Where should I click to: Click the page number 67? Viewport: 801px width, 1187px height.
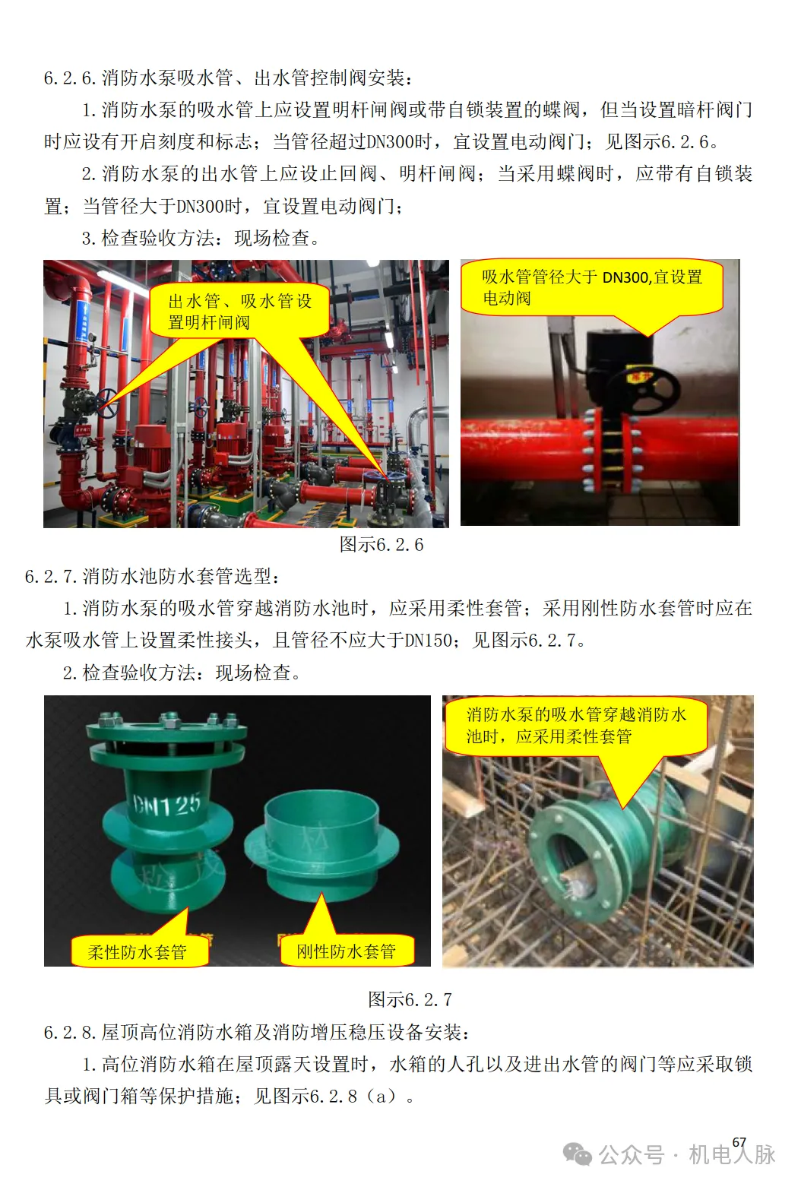coord(739,1142)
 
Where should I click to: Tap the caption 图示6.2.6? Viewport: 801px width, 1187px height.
coord(382,544)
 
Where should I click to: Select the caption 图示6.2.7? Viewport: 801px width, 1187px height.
coord(410,999)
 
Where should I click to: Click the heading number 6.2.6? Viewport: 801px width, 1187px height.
coord(70,78)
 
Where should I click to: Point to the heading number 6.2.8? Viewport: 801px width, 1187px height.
coord(70,1032)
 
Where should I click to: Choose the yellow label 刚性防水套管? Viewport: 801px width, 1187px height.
coord(347,951)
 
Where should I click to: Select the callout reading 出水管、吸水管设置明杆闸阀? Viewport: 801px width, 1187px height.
coord(240,312)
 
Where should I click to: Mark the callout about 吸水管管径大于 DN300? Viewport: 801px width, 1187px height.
coord(591,287)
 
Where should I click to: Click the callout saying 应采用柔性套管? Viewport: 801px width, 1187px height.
coord(576,726)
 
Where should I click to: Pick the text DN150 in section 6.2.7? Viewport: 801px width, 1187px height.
coord(429,640)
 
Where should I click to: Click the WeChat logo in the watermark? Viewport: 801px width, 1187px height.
coord(578,1154)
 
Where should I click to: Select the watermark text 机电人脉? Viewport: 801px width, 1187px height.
coord(732,1154)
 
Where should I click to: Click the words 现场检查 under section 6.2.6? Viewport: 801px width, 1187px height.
coord(271,239)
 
